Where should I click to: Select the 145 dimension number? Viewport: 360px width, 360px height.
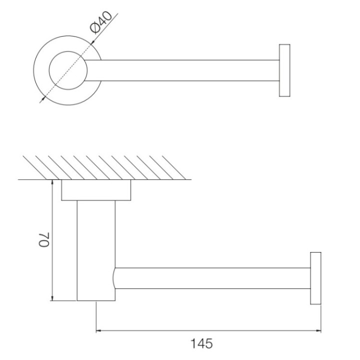201,344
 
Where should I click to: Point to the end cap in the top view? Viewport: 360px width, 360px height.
284,70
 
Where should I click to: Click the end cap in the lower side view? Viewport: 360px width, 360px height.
315,278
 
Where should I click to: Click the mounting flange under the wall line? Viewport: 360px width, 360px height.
96,190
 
